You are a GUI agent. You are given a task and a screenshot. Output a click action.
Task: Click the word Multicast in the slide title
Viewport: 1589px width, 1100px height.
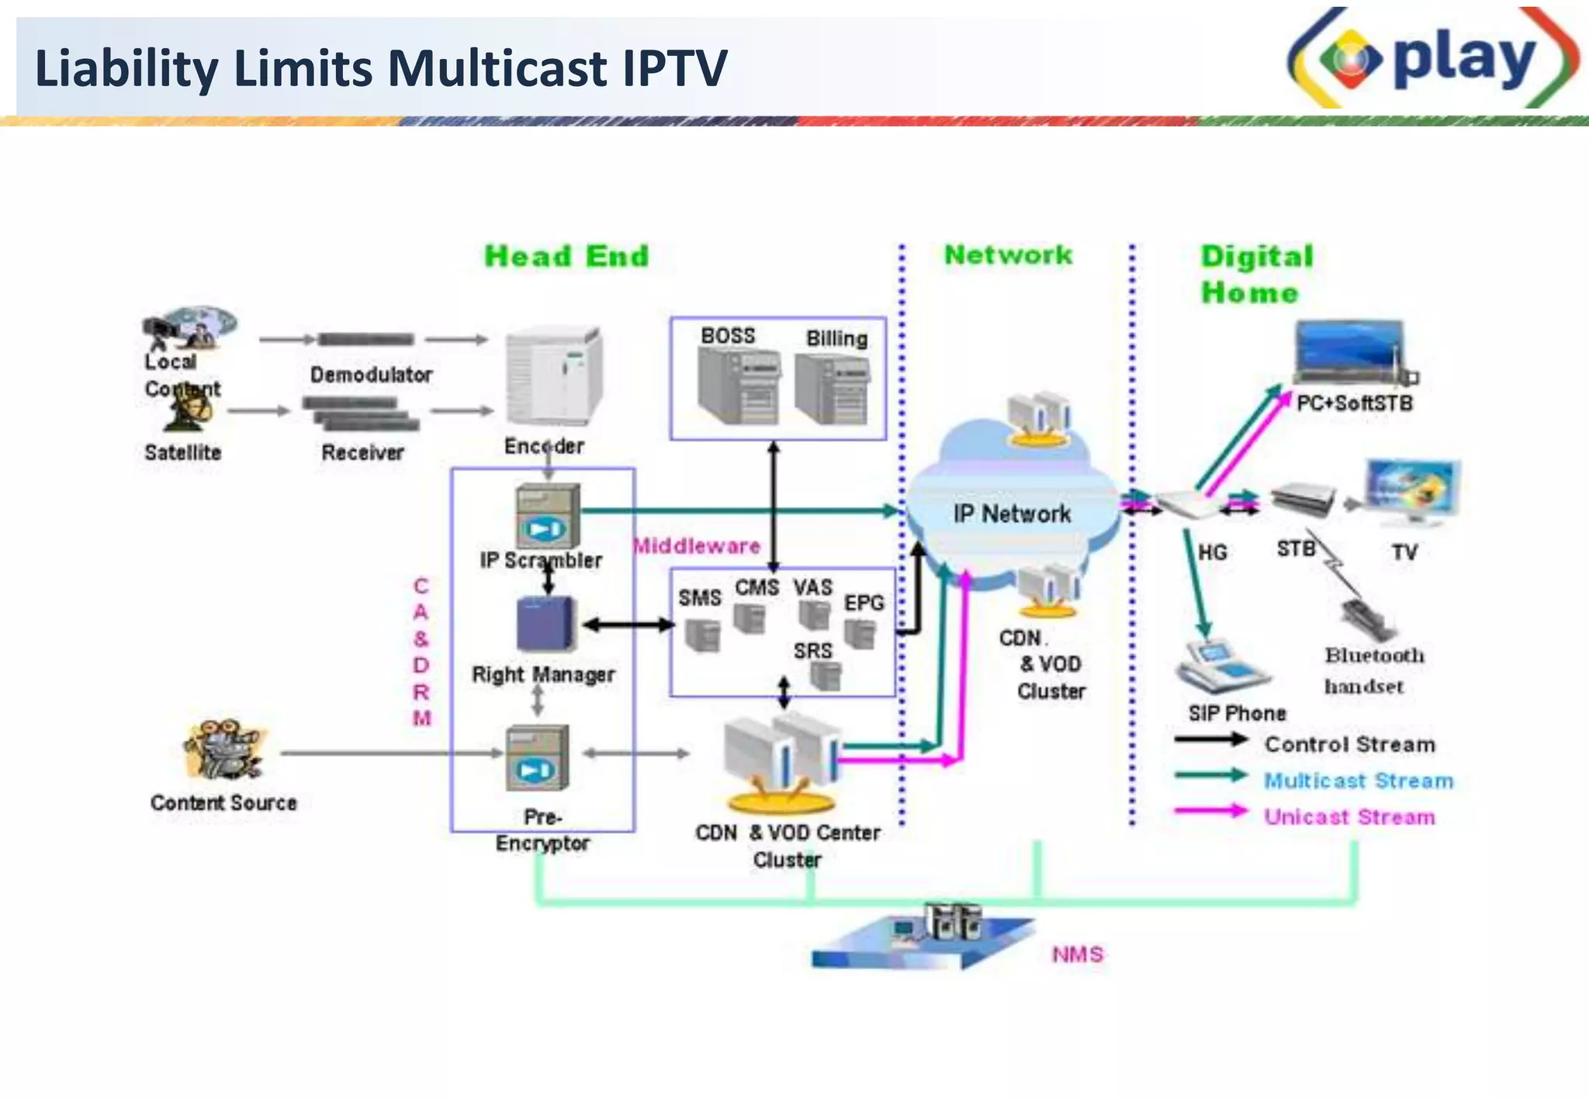click(497, 68)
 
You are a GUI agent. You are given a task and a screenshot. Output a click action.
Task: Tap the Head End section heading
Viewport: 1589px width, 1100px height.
click(566, 256)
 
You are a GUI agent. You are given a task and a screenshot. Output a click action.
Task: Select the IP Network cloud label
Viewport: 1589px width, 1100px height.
click(1012, 514)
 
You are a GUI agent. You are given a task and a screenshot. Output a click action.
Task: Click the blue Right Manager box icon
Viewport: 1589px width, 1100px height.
click(546, 624)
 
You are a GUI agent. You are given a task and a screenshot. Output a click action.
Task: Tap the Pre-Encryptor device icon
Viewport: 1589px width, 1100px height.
click(537, 758)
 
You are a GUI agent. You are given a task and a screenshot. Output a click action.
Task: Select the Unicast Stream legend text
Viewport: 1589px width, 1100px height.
click(1349, 817)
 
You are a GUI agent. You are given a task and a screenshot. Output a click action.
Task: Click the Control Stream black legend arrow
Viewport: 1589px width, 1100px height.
click(1210, 740)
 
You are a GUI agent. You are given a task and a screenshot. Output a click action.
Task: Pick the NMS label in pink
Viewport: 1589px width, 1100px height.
click(1077, 954)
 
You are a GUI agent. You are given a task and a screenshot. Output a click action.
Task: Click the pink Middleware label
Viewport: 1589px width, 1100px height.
click(697, 546)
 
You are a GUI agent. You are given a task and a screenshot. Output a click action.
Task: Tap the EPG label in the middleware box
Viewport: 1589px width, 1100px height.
click(864, 603)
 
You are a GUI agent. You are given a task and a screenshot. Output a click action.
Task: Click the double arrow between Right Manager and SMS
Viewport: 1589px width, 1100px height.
click(628, 624)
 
